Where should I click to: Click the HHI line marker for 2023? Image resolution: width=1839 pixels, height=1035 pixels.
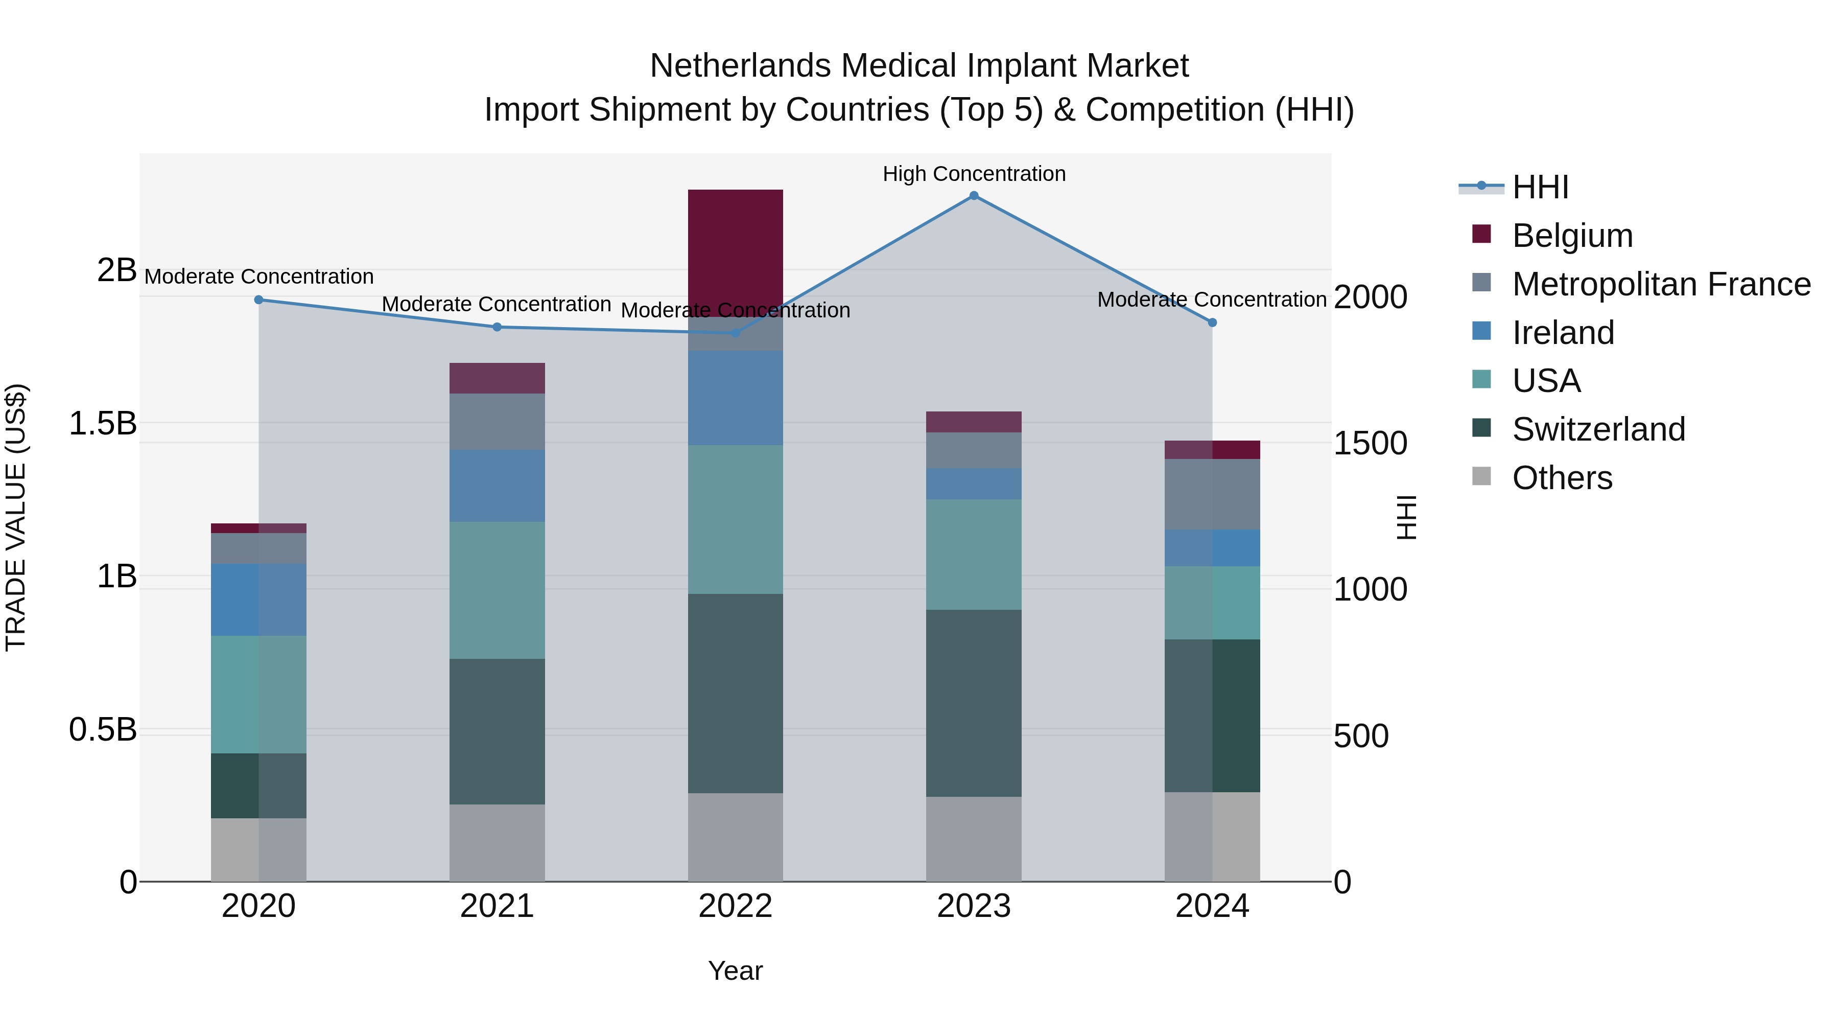(x=974, y=196)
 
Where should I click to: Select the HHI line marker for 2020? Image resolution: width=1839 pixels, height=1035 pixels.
(x=259, y=300)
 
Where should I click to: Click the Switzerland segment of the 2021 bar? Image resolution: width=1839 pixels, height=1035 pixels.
(x=497, y=731)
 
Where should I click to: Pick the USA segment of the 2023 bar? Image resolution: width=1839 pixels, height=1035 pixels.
(x=974, y=554)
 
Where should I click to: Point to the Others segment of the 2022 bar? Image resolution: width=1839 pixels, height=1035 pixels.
(x=735, y=837)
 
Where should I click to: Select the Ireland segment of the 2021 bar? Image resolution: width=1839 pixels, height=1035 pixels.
(x=497, y=486)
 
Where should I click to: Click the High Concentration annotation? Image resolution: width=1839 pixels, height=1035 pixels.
(x=974, y=174)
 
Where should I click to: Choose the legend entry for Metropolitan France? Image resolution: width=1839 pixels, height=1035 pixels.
(x=1661, y=284)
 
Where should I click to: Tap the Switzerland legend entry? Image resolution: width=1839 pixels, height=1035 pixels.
(x=1598, y=429)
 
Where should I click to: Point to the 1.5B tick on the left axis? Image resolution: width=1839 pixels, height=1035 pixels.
(x=102, y=424)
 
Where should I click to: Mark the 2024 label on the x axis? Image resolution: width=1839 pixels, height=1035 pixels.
(x=1212, y=906)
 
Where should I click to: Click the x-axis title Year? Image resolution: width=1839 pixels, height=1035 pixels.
(x=735, y=971)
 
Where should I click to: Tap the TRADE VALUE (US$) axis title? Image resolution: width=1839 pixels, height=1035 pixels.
(x=16, y=517)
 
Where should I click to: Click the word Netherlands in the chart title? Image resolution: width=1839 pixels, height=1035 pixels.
(x=742, y=66)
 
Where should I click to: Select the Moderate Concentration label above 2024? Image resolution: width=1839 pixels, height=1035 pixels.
(x=1212, y=300)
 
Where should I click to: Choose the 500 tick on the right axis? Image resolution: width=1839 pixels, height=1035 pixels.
(x=1361, y=735)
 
